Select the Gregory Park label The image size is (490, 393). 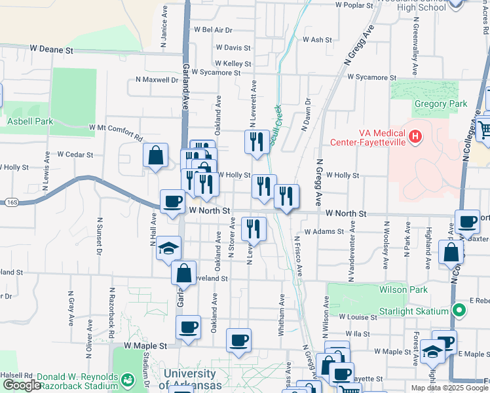[440, 103]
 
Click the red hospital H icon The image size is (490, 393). [414, 137]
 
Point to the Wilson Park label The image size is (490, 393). [403, 290]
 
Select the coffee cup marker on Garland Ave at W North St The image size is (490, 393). [173, 201]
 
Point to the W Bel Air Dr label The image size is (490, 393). [213, 29]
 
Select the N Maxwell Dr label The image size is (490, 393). [157, 79]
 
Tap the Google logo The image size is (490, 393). [21, 386]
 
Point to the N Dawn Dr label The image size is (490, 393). [306, 115]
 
